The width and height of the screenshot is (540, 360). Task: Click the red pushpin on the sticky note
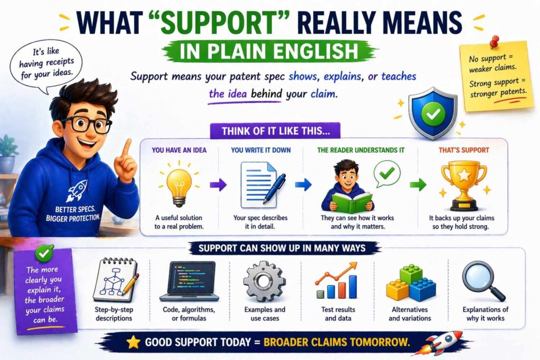[494, 41]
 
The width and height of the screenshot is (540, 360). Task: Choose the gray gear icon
[264, 281]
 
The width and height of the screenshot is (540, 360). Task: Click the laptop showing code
[189, 280]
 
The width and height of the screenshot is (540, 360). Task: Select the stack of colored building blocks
[410, 283]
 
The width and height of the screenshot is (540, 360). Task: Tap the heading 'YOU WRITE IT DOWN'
[261, 150]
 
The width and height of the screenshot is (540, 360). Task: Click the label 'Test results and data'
[338, 314]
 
